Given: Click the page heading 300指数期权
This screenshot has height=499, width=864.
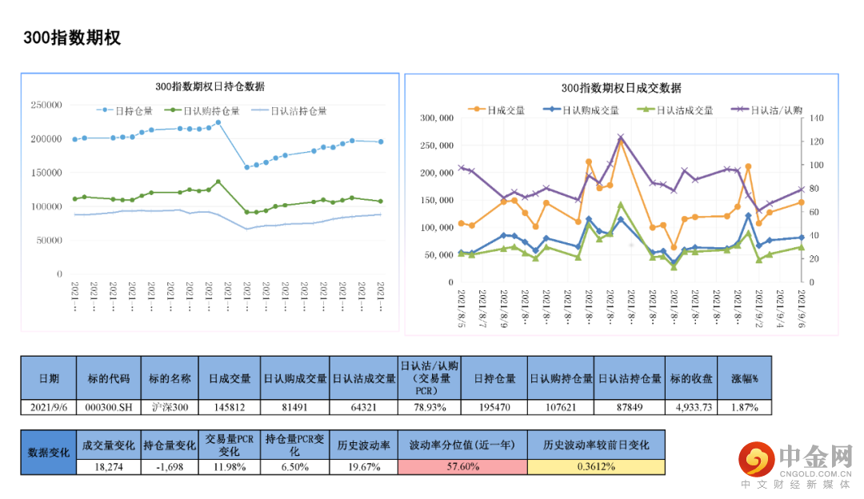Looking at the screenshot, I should [x=72, y=38].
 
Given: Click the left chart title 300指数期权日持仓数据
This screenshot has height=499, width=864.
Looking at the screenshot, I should [x=210, y=86].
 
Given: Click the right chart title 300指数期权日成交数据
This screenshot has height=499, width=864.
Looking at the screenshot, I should [x=621, y=88].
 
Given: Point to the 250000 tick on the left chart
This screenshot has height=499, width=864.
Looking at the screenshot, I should [x=46, y=105].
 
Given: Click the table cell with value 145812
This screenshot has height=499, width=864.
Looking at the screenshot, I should [x=230, y=407].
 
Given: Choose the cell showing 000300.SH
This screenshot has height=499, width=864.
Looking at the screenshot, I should [x=107, y=407].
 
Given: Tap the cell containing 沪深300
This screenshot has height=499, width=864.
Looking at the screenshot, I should [x=170, y=407].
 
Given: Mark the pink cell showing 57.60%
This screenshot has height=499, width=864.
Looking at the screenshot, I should [x=462, y=467].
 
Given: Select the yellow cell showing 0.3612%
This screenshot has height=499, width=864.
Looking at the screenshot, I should [x=596, y=467].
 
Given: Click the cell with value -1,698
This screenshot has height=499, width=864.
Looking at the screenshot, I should [x=170, y=467].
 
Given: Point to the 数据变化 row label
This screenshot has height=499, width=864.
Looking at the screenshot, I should [x=48, y=453].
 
